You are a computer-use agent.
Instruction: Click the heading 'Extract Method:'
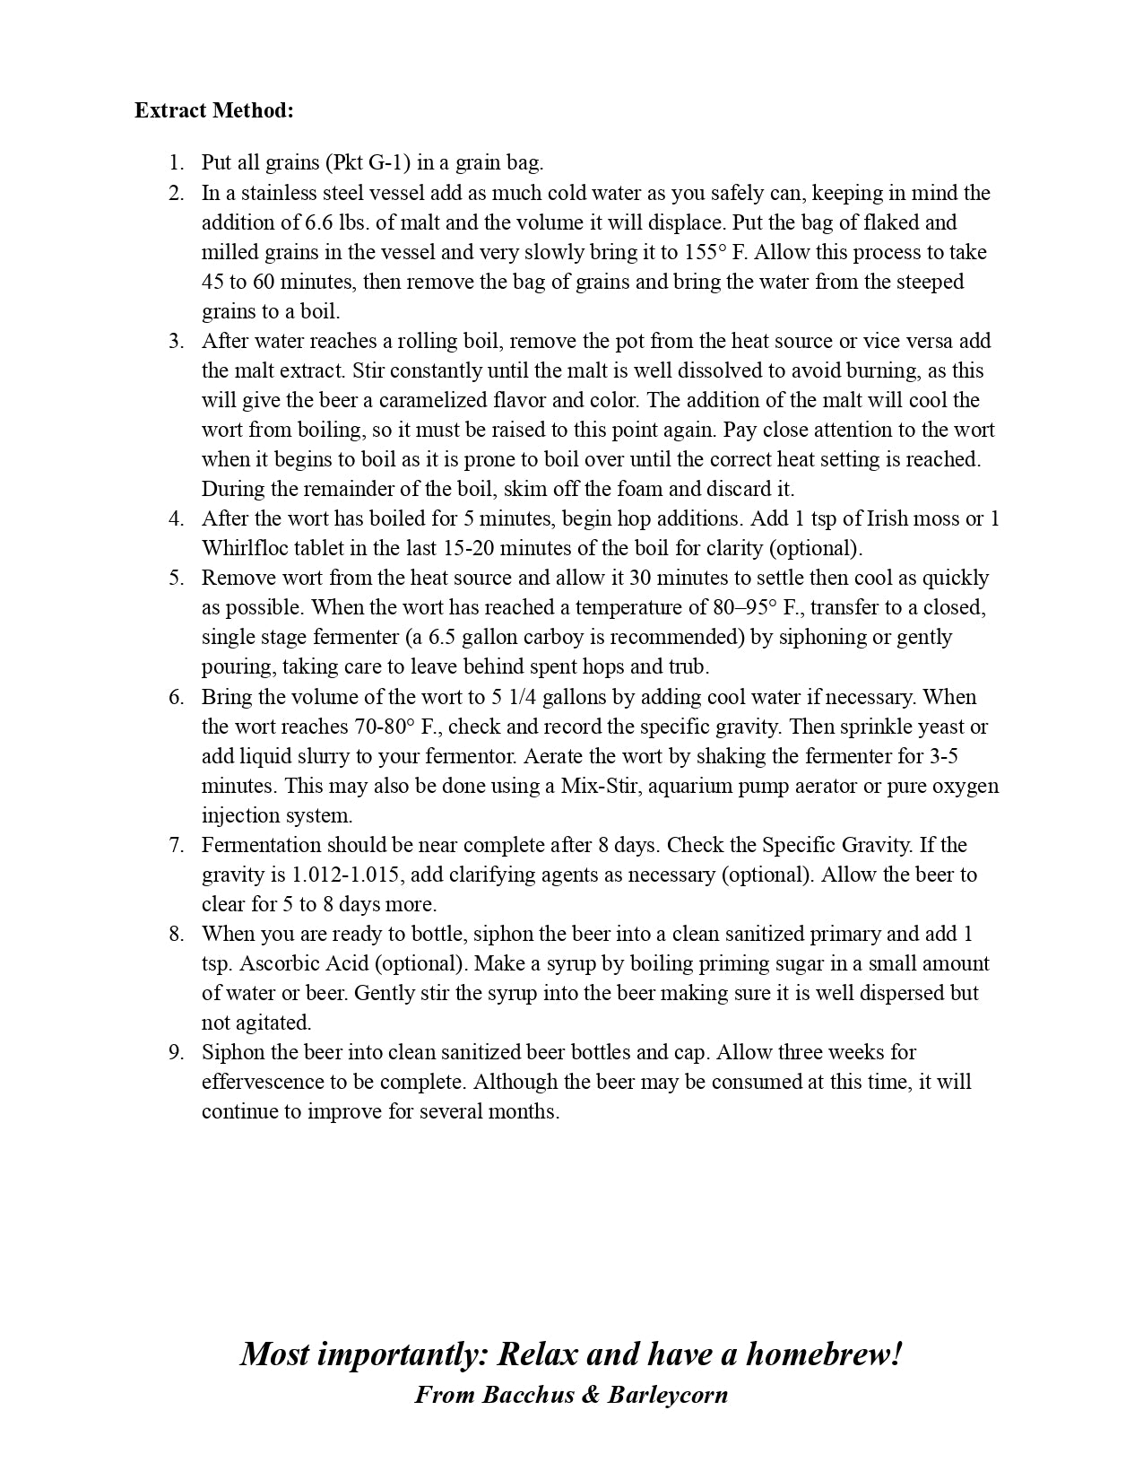214,110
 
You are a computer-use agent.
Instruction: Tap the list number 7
176,845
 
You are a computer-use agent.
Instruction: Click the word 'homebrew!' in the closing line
823,1354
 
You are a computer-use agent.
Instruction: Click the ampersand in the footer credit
591,1395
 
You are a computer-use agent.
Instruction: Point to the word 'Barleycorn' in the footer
668,1395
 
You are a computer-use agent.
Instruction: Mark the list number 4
176,518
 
